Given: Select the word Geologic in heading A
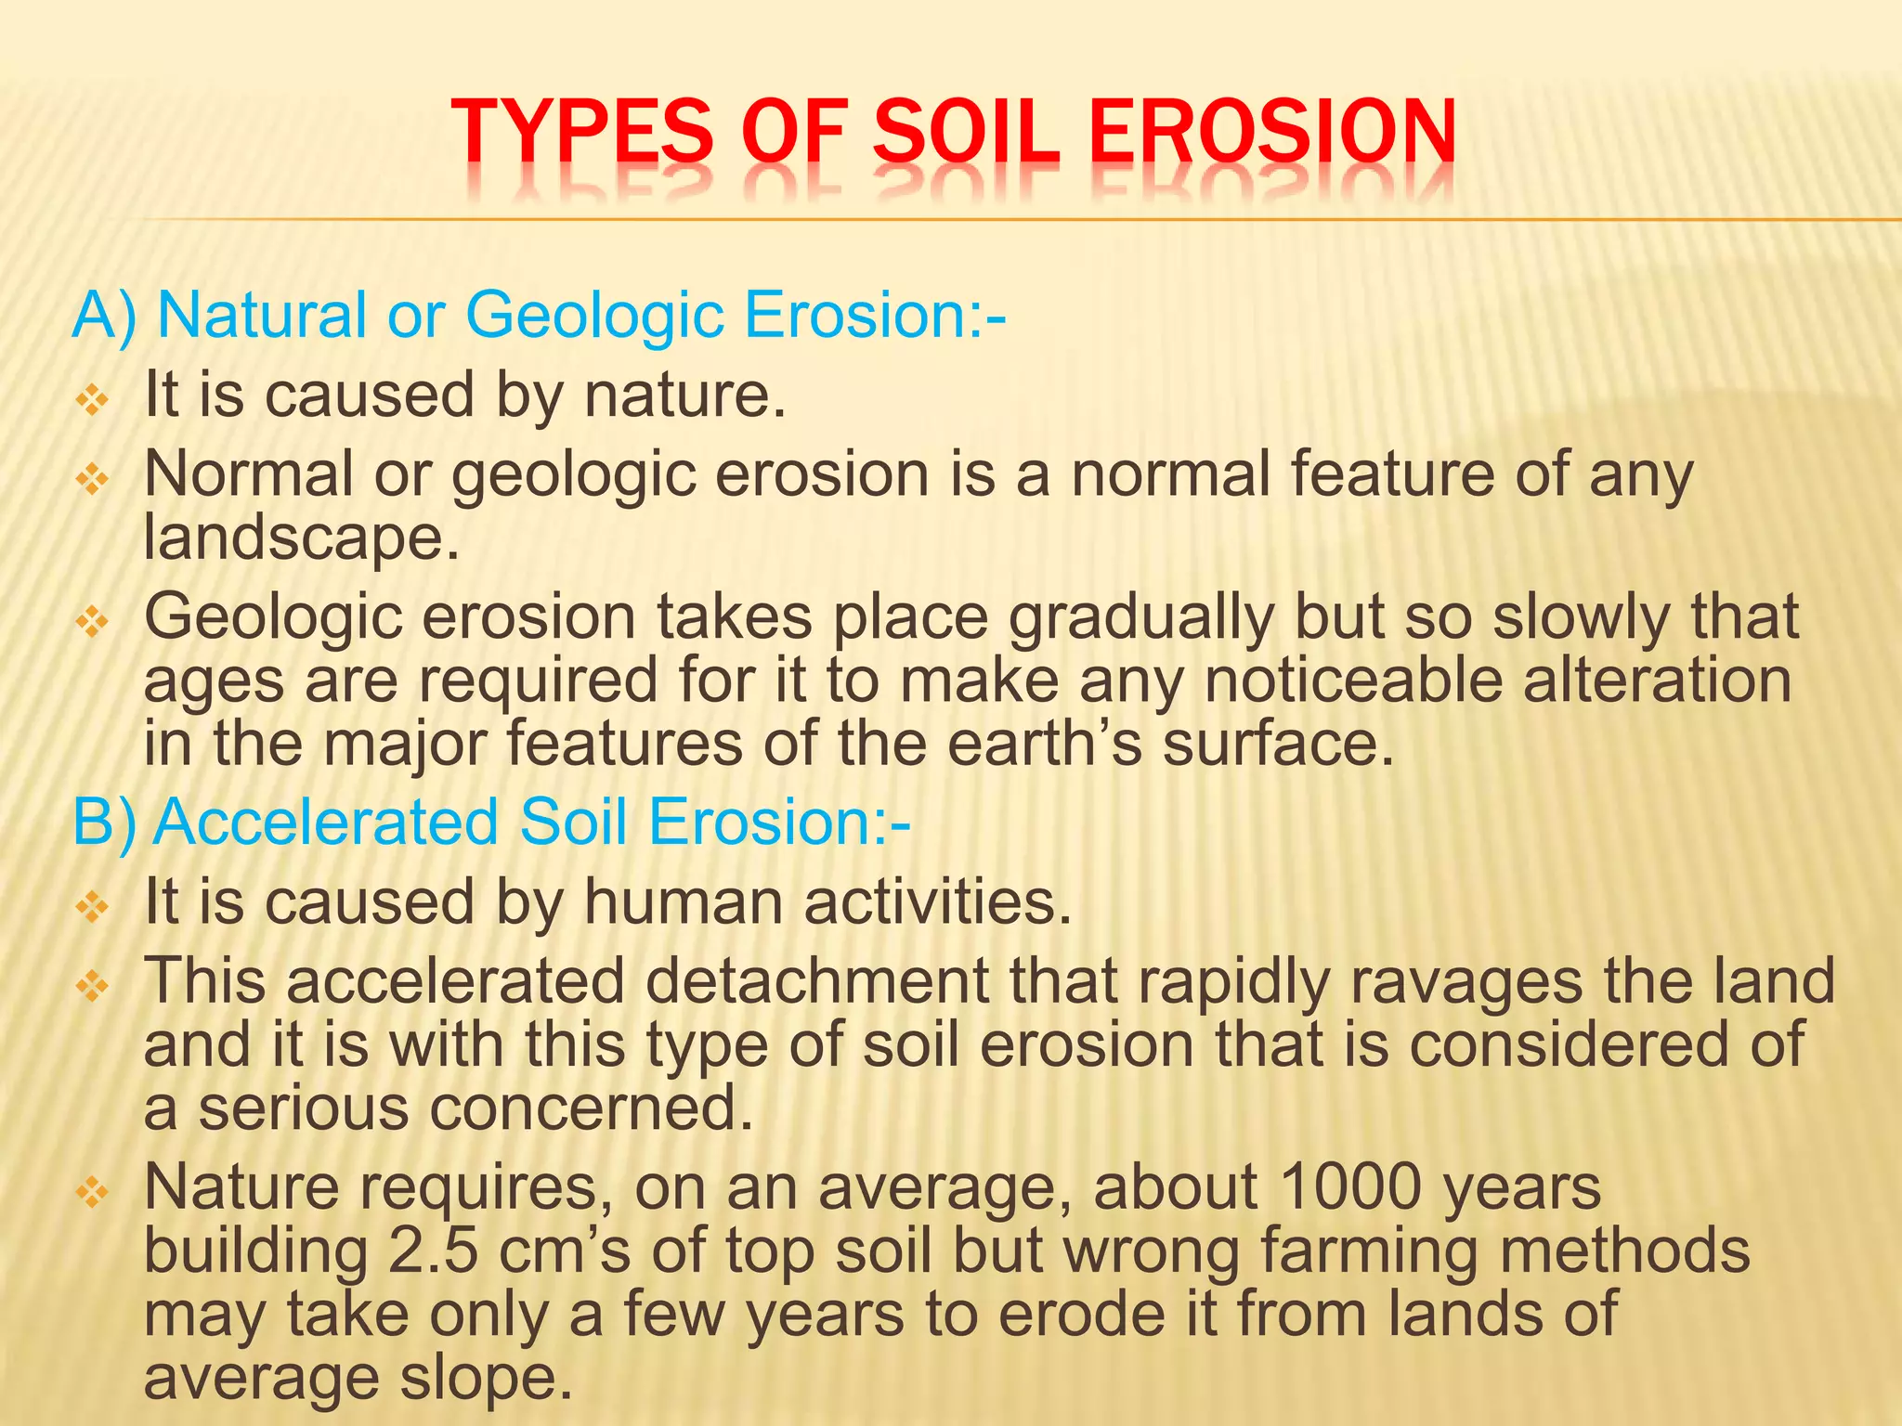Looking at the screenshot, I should (x=594, y=316).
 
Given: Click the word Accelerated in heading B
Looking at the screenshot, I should (x=325, y=823).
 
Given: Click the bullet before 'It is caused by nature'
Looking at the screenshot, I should (x=93, y=401).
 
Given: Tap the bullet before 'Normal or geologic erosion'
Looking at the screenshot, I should (x=93, y=480).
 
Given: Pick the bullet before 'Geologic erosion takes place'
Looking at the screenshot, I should (x=93, y=622).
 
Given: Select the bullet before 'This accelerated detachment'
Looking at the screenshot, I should (x=93, y=986).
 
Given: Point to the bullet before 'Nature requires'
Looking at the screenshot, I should (x=93, y=1191).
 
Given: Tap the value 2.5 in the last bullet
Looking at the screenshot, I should (x=433, y=1251).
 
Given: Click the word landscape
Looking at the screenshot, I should (x=301, y=538).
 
